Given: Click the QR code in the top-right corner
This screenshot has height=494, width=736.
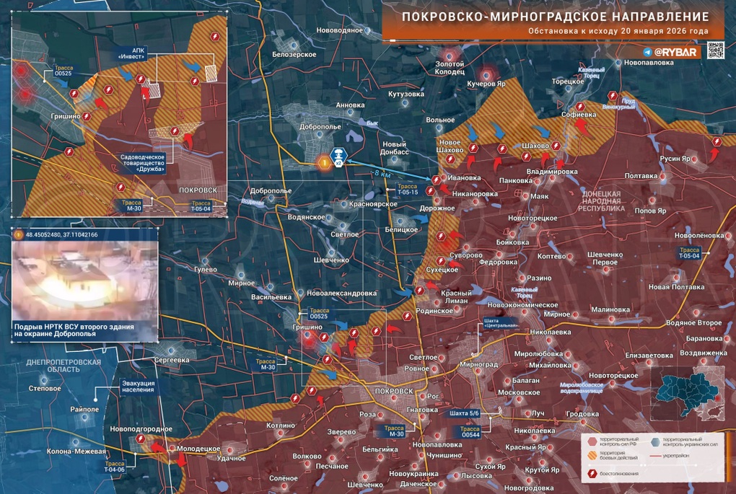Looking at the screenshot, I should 717,50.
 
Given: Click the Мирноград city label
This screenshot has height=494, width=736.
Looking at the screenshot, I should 478,365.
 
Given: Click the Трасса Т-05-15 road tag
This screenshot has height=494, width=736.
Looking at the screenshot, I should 410,190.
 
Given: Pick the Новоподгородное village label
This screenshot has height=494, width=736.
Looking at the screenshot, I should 141,429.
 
